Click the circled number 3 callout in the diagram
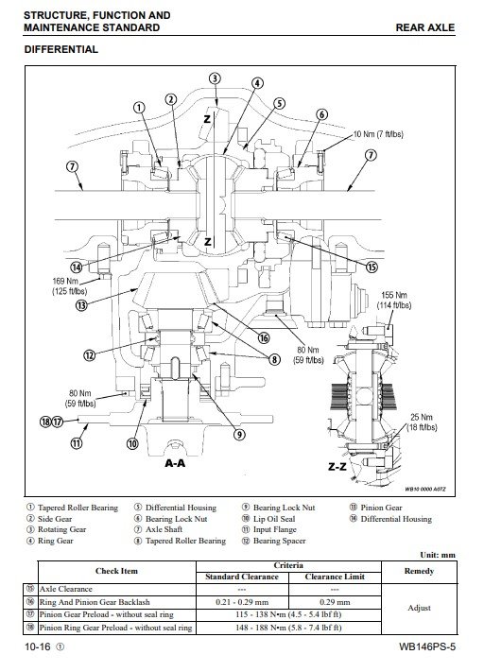(215, 78)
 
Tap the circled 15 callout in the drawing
(372, 267)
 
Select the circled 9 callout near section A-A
(239, 435)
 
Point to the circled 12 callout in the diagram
(89, 355)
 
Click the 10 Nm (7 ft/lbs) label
(378, 134)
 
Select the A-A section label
(175, 463)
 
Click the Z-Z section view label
(337, 467)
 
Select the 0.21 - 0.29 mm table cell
(242, 602)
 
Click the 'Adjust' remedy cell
(420, 608)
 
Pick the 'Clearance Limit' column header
(335, 577)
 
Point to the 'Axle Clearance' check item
(65, 589)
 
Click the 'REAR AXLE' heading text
(424, 27)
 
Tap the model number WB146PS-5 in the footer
(427, 646)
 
